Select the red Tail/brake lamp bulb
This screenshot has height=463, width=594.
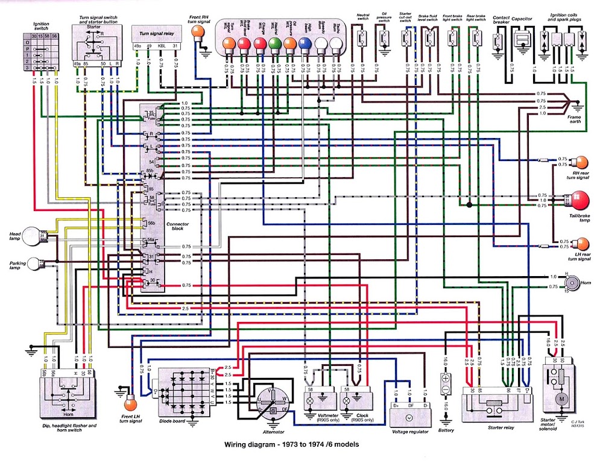click(580, 200)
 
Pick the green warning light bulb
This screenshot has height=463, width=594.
click(274, 43)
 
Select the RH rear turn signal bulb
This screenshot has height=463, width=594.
click(580, 162)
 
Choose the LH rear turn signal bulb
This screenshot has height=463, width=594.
click(580, 244)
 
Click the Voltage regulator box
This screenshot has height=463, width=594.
click(409, 412)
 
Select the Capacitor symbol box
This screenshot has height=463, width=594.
click(522, 40)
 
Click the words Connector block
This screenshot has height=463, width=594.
click(177, 227)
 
